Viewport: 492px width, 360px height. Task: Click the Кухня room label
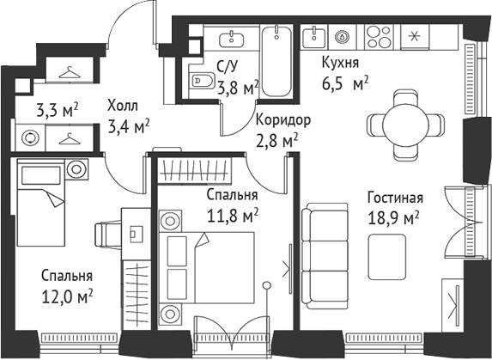(x=339, y=63)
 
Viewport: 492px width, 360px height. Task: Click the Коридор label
(x=282, y=119)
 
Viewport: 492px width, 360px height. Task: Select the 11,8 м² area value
(x=232, y=213)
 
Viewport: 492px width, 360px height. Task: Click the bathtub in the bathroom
(x=276, y=62)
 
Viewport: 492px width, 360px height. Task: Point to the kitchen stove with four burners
(x=379, y=36)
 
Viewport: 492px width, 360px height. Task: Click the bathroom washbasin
(x=232, y=38)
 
